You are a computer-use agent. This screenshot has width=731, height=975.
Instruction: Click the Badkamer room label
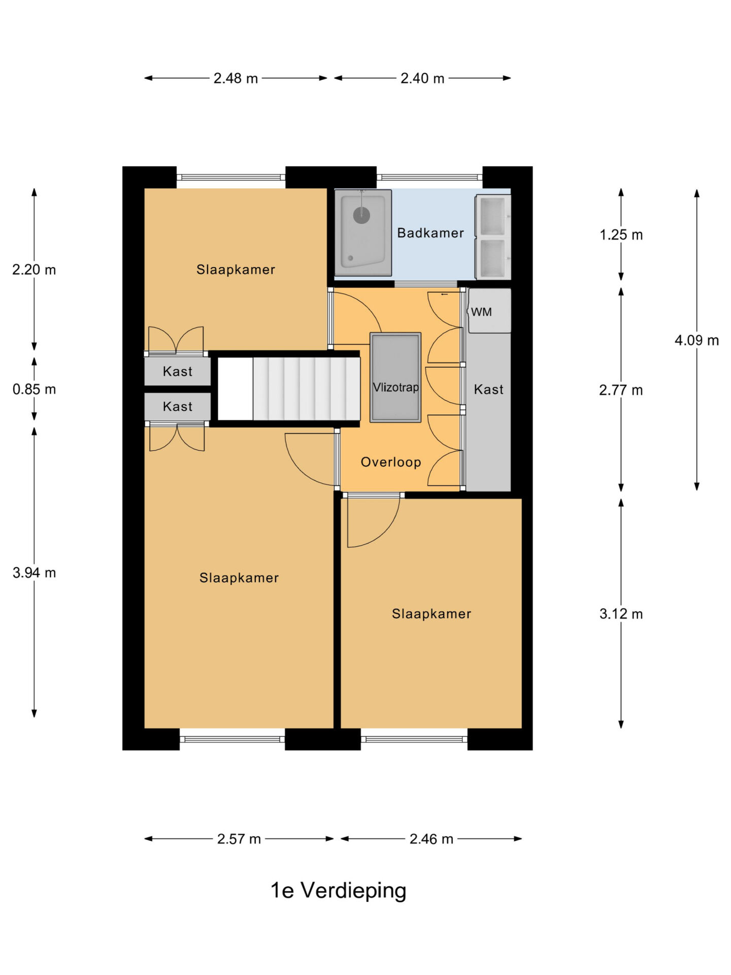point(430,233)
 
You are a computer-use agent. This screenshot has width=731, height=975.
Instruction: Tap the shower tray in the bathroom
point(363,233)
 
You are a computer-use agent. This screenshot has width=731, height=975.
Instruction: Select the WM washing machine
point(489,311)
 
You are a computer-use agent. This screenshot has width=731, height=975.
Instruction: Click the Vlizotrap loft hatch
point(395,377)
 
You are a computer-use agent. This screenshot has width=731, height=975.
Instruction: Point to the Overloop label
point(391,462)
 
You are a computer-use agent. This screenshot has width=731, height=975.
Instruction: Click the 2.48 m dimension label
point(236,78)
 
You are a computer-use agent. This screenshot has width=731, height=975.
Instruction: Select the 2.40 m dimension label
point(422,78)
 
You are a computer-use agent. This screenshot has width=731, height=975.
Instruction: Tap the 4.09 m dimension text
point(696,340)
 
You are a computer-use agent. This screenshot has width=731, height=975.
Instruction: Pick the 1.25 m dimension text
point(621,235)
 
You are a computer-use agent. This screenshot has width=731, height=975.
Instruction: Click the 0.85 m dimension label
point(34,389)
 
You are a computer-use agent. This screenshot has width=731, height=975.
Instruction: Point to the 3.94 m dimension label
point(34,573)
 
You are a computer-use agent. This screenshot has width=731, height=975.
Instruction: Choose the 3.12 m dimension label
point(621,614)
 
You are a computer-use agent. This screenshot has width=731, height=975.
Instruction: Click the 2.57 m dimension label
point(239,839)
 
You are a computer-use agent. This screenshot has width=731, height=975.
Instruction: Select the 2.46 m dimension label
point(431,839)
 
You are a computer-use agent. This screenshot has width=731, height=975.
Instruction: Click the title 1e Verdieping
point(338,891)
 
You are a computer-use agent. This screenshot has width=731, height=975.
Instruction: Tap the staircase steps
point(307,388)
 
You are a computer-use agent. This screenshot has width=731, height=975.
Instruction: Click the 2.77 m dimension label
point(621,390)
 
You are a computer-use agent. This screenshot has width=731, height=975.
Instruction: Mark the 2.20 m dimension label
point(34,270)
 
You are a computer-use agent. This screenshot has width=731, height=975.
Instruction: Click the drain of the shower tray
point(361,215)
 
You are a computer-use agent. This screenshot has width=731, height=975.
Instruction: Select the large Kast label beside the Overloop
point(488,389)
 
